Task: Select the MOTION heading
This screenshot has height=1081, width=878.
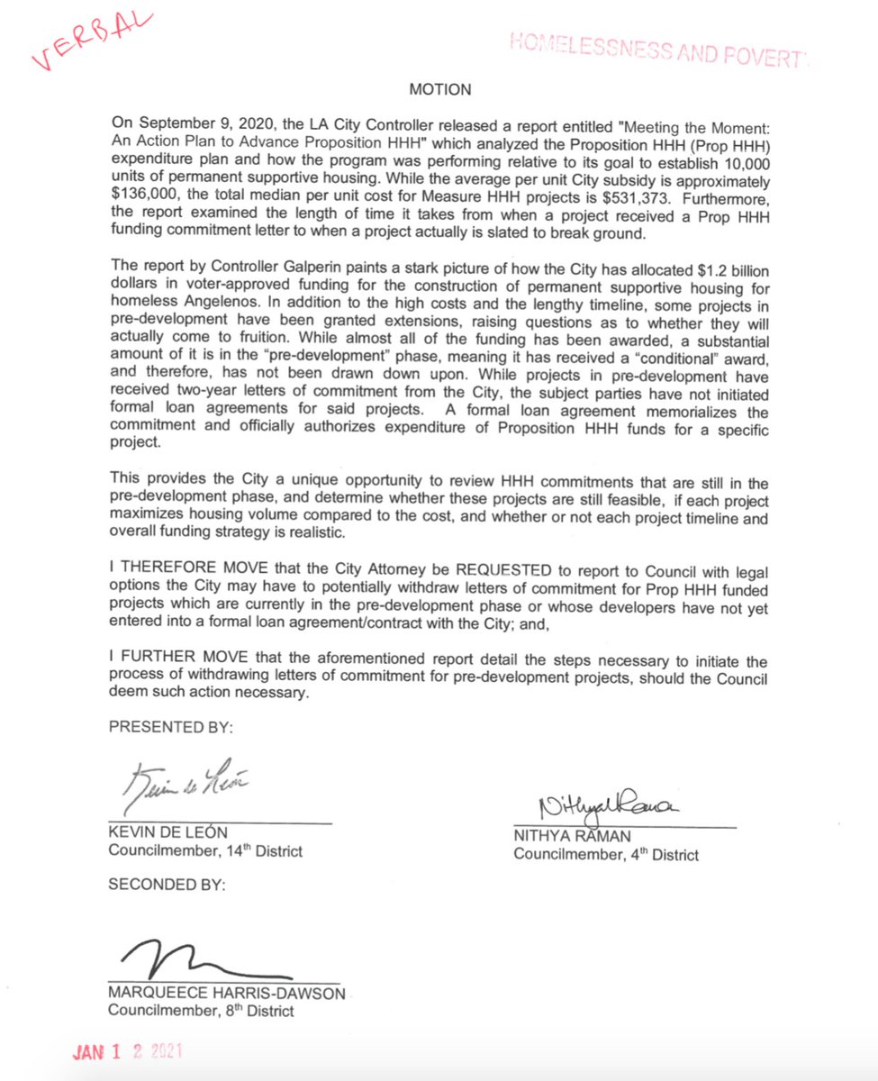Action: tap(439, 90)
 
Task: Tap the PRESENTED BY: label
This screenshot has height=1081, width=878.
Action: tap(159, 726)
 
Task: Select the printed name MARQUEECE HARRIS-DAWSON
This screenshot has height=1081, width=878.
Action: tap(226, 994)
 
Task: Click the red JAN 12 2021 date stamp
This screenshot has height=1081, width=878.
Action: tap(130, 1052)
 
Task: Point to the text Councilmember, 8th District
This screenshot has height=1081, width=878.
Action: tap(201, 1010)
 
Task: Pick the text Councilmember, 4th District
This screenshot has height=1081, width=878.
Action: tap(605, 855)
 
